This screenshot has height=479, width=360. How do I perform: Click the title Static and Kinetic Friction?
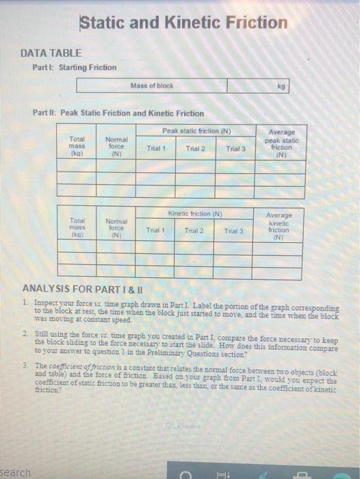click(183, 23)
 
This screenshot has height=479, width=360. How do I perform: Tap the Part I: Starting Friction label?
click(74, 67)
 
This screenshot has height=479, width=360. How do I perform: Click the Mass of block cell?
click(151, 86)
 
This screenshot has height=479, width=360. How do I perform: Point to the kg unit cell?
click(281, 86)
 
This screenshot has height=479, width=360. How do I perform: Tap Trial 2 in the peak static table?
click(195, 148)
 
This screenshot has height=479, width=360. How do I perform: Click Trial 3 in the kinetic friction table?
click(233, 231)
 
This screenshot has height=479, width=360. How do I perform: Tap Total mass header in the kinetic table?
click(77, 226)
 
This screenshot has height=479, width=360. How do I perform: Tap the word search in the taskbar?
click(16, 472)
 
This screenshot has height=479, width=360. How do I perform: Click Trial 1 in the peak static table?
click(157, 148)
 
